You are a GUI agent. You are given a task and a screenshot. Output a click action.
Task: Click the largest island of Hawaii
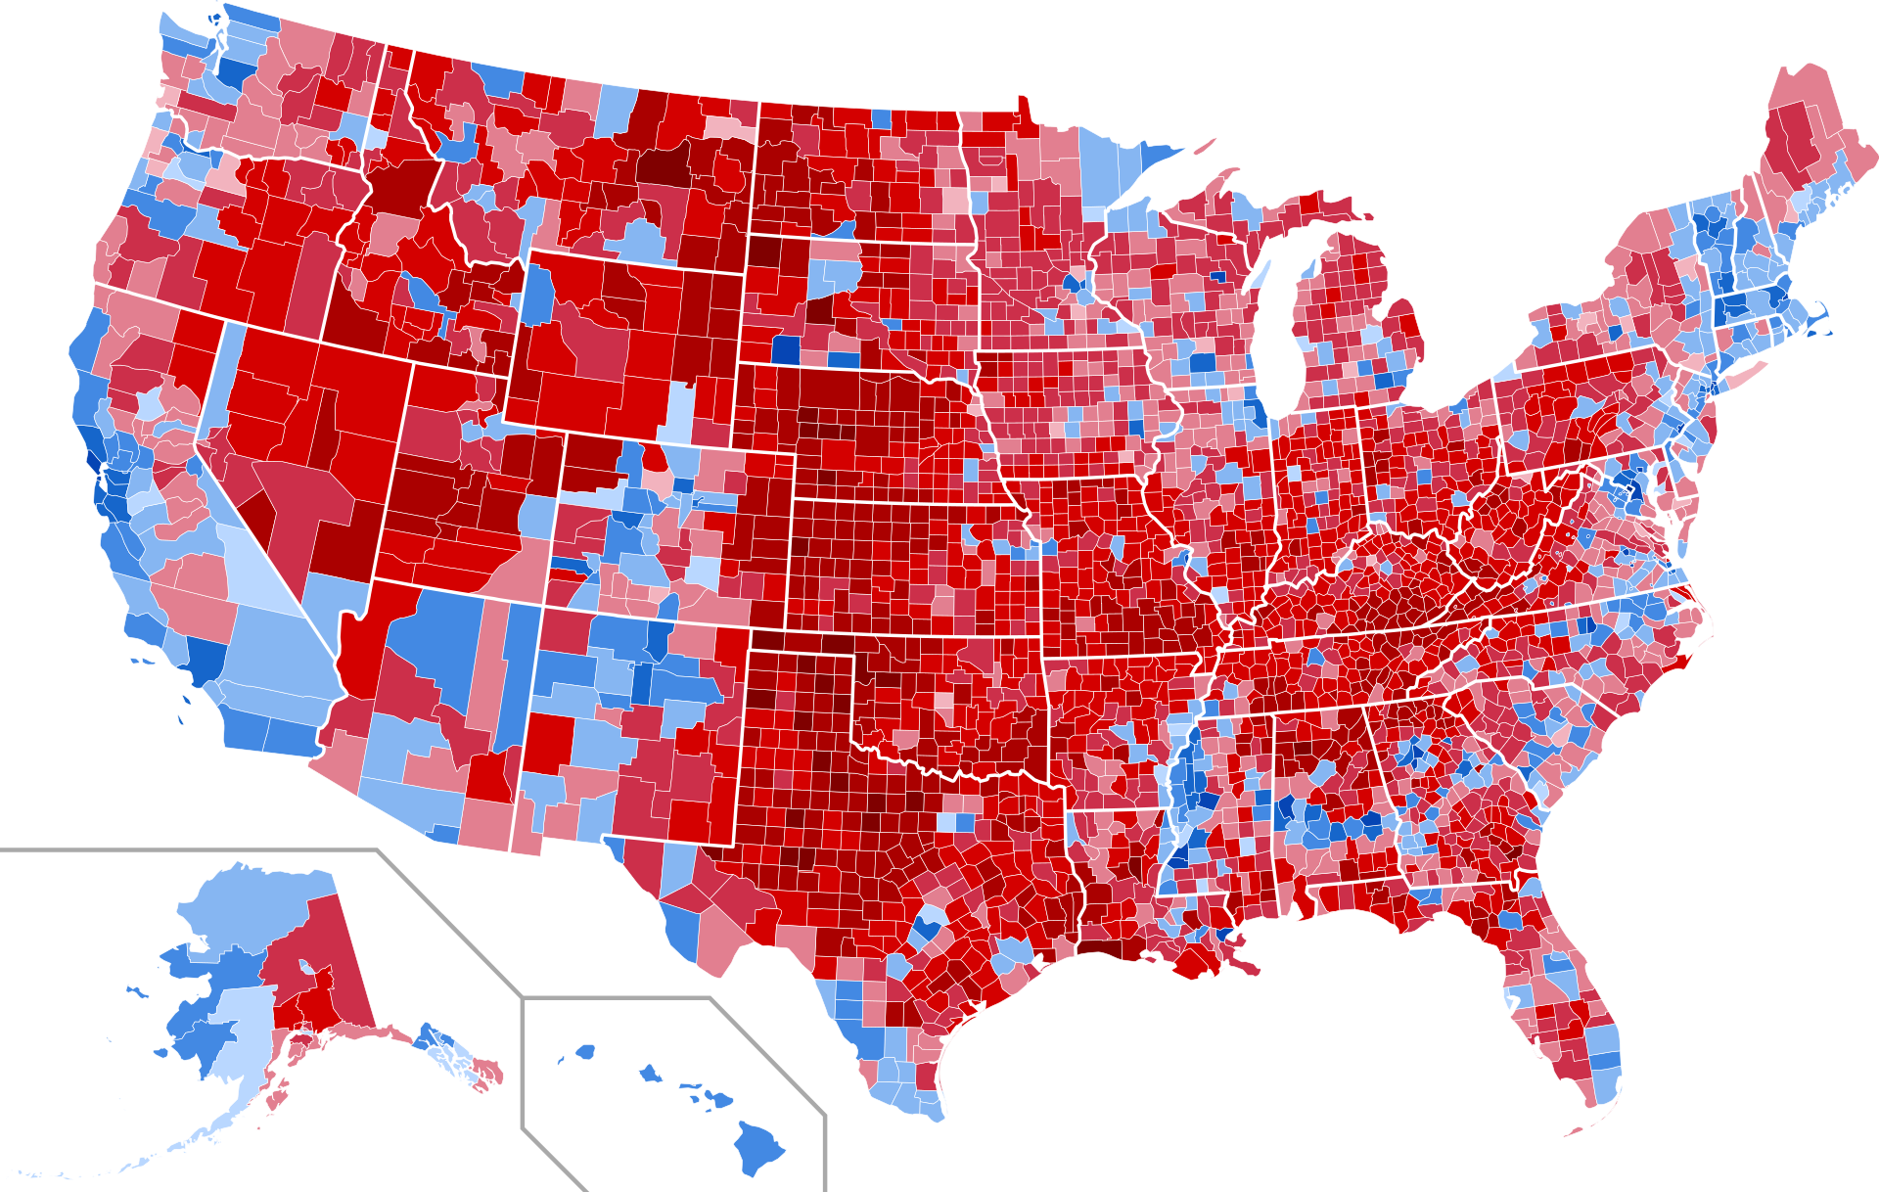click(759, 1147)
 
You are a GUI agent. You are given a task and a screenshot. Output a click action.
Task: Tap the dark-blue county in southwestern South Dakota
click(785, 349)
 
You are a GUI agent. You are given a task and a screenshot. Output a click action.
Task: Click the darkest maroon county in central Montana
click(661, 166)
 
